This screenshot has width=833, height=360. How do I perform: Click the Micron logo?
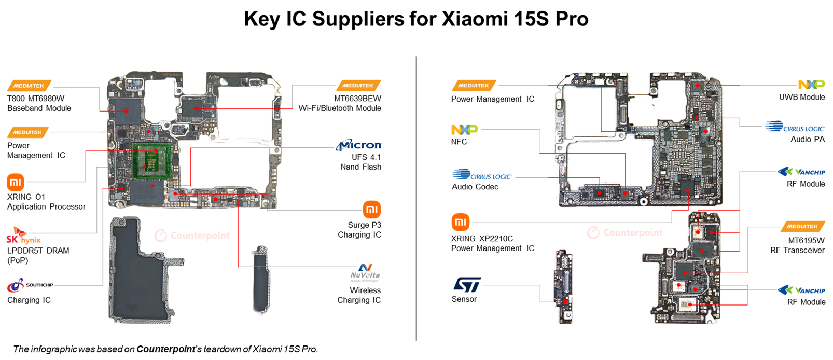pos(359,145)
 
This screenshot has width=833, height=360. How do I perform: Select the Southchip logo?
pos(31,285)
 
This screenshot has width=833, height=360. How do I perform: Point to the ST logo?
pos(467,286)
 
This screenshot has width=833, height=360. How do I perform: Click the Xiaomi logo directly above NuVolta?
pos(371,211)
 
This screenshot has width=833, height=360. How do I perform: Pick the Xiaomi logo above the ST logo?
pos(461,223)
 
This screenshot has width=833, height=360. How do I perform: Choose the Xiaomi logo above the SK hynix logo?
pos(16,184)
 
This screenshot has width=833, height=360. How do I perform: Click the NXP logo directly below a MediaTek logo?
pos(465,130)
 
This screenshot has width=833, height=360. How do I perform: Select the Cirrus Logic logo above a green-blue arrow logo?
pos(794,128)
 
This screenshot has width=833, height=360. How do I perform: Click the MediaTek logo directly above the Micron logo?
pos(358,86)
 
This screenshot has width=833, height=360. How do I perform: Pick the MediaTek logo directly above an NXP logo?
pos(474,86)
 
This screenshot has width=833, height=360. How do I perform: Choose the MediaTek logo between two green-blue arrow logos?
pos(802,226)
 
